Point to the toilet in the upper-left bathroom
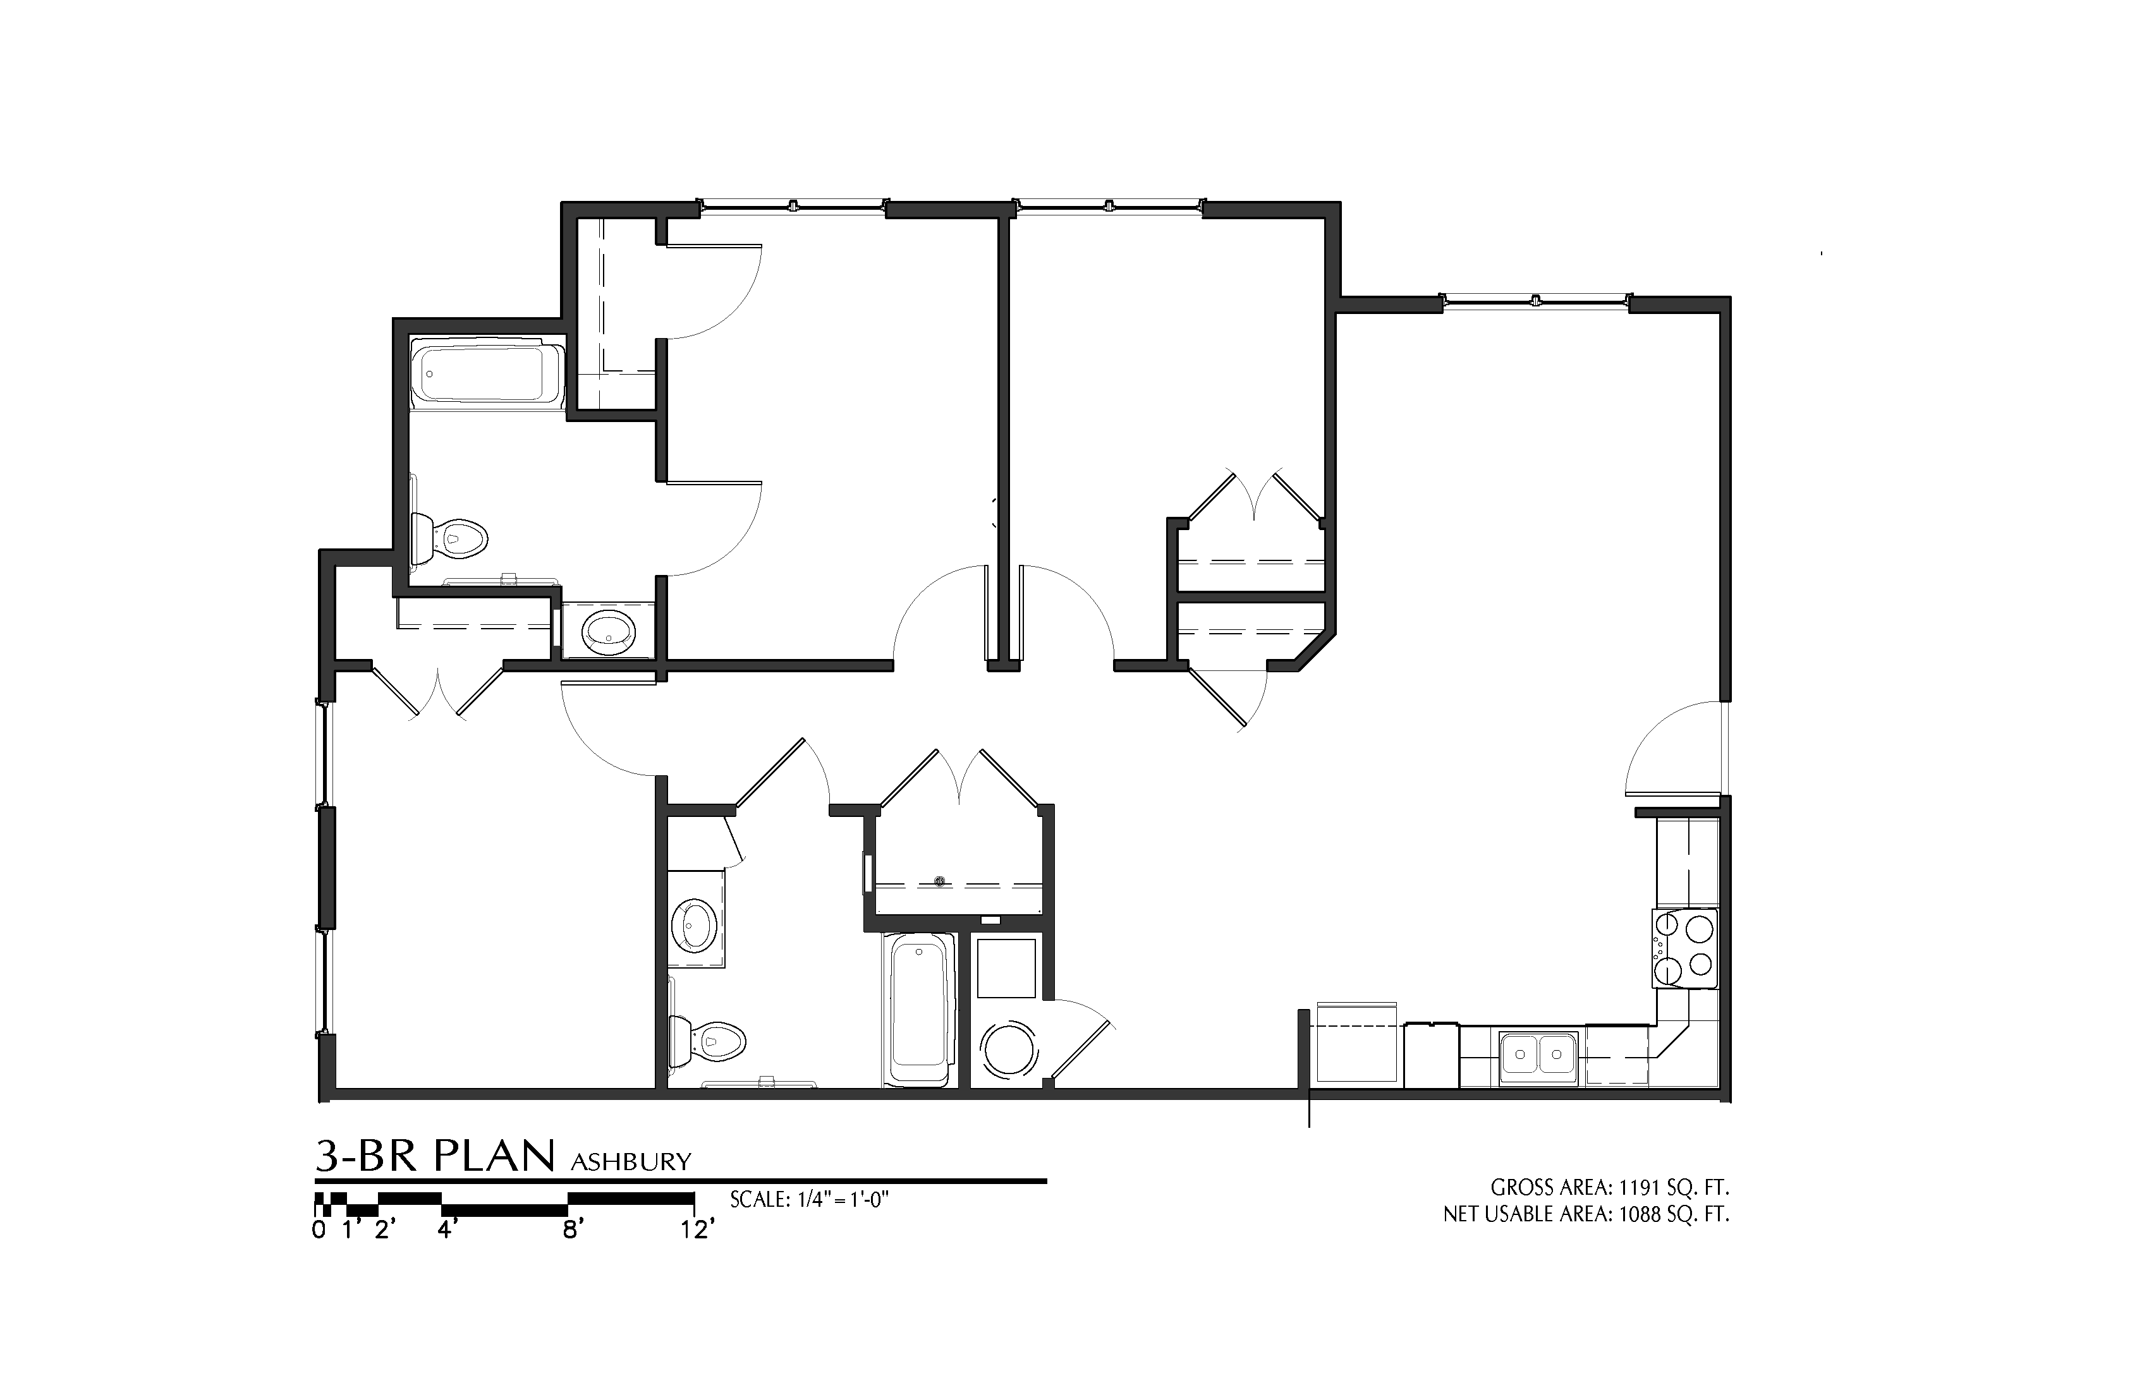click(456, 540)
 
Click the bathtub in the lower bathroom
click(919, 1012)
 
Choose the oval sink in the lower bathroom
click(695, 924)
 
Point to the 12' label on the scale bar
click(697, 1230)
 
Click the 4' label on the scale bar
click(447, 1230)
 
